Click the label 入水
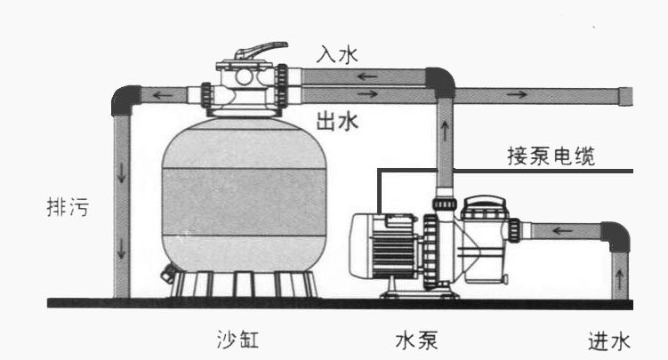(336, 54)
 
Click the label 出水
(336, 121)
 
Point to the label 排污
(67, 210)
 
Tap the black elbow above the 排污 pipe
(125, 98)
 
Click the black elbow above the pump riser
(439, 82)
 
